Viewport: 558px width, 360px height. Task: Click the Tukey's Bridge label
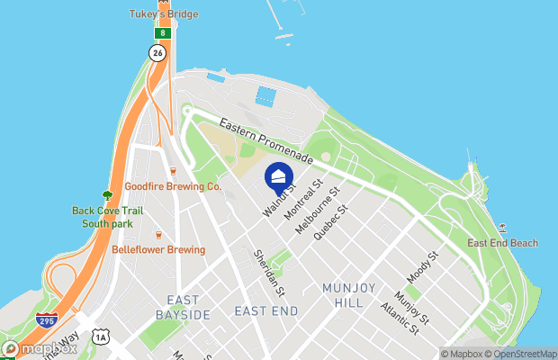(x=164, y=14)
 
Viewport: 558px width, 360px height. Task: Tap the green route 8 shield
(x=162, y=33)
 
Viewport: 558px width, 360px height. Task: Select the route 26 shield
(x=157, y=53)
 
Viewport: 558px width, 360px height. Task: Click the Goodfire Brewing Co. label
(x=173, y=186)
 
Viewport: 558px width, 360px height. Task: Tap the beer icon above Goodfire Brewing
(x=173, y=170)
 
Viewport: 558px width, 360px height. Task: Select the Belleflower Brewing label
(x=158, y=249)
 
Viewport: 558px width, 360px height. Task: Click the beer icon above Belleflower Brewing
(x=158, y=234)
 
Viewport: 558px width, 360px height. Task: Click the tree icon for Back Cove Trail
(x=108, y=194)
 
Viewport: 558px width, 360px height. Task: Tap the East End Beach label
(x=502, y=243)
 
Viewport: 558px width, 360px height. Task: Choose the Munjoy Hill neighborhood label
(x=343, y=295)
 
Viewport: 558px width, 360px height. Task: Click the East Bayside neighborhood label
(x=189, y=307)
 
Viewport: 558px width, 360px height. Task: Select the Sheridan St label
(x=269, y=274)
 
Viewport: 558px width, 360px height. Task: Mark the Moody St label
(x=421, y=268)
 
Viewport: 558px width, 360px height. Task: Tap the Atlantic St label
(x=400, y=318)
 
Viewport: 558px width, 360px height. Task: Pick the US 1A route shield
(x=101, y=337)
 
